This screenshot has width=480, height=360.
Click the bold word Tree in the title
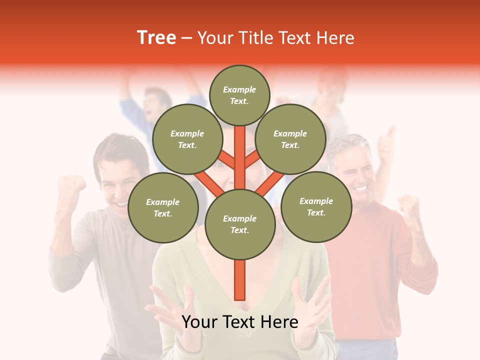click(156, 37)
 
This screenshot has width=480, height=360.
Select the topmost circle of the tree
click(239, 95)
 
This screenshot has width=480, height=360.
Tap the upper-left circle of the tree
click(187, 139)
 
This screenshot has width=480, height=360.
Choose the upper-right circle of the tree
click(290, 139)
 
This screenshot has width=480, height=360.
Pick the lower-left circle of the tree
click(162, 207)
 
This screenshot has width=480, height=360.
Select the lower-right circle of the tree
click(316, 206)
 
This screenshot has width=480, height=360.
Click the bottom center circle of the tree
click(239, 224)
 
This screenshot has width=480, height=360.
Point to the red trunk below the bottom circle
click(239, 280)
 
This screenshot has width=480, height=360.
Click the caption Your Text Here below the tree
click(239, 322)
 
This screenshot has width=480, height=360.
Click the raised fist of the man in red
click(409, 207)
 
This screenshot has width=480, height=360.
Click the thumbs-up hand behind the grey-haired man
click(386, 142)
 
